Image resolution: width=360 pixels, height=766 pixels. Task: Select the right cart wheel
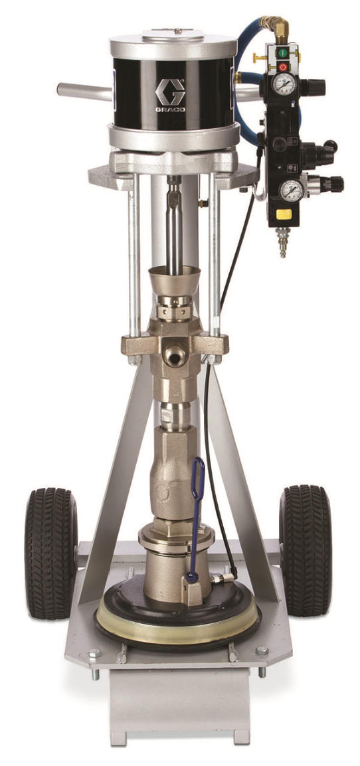[306, 550]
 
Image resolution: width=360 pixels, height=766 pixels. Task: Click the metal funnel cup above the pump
[175, 278]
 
